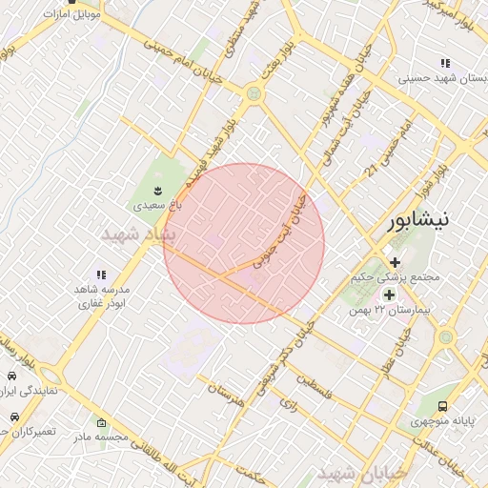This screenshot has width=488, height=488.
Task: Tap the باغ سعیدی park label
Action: click(x=155, y=204)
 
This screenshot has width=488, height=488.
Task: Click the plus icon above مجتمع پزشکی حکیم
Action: click(x=395, y=261)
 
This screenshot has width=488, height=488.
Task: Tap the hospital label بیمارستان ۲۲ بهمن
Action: click(x=388, y=310)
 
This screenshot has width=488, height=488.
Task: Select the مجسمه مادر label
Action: click(x=102, y=436)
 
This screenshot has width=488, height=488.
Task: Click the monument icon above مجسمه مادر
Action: click(x=102, y=422)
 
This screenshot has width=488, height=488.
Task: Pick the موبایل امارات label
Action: click(x=70, y=14)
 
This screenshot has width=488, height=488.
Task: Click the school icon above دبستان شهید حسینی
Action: click(x=445, y=64)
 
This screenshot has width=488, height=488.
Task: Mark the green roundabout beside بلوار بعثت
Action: click(x=254, y=93)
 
